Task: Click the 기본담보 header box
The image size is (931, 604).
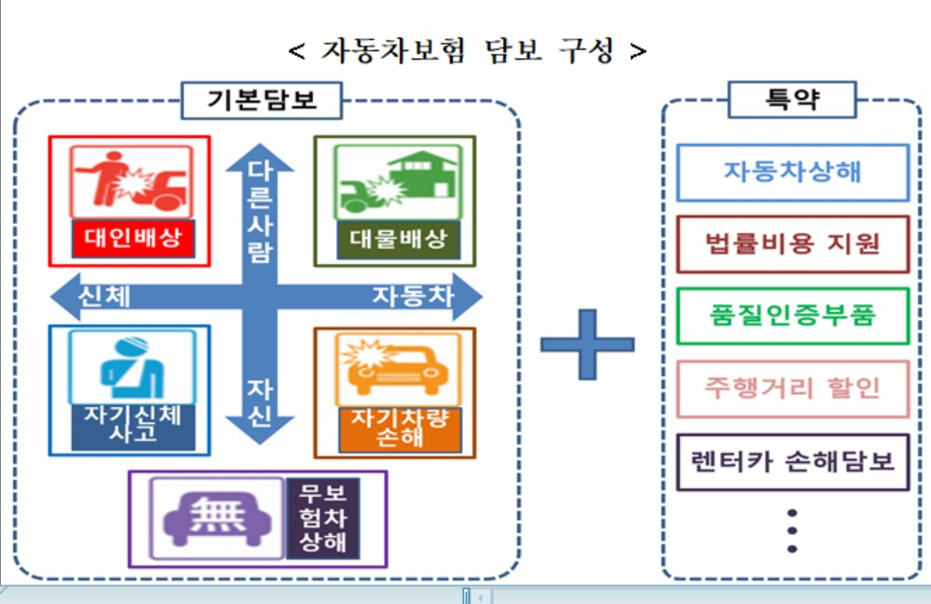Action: click(261, 100)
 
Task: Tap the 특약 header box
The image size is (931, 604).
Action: click(792, 100)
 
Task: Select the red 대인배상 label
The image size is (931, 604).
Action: click(133, 238)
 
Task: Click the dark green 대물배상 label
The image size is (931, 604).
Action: click(399, 240)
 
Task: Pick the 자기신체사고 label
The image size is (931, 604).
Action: click(133, 424)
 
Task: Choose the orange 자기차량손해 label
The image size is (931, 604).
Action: click(400, 428)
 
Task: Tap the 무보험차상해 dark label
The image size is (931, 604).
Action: click(322, 518)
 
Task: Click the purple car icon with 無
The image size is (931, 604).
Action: click(218, 518)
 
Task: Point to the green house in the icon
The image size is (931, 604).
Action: click(423, 176)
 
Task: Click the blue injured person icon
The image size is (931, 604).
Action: click(132, 368)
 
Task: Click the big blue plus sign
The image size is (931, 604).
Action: click(587, 344)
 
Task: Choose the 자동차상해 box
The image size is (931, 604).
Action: click(793, 172)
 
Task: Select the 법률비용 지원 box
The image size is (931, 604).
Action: click(793, 245)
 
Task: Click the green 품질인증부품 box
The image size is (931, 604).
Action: click(793, 316)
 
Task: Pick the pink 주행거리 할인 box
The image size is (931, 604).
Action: click(793, 388)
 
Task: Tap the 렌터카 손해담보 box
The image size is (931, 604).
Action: click(793, 462)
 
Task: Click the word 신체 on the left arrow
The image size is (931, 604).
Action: click(105, 297)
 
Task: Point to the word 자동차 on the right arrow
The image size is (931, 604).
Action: click(414, 296)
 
